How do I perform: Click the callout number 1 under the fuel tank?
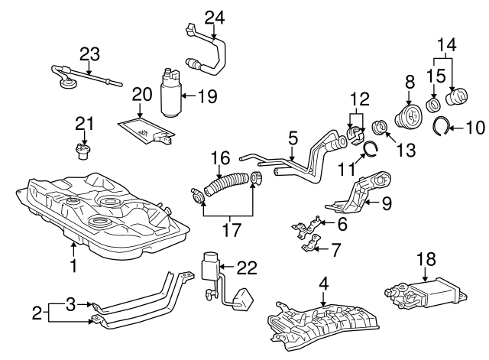pyautogui.click(x=73, y=267)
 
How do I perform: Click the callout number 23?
pyautogui.click(x=89, y=54)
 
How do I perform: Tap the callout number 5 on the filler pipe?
pyautogui.click(x=292, y=138)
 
